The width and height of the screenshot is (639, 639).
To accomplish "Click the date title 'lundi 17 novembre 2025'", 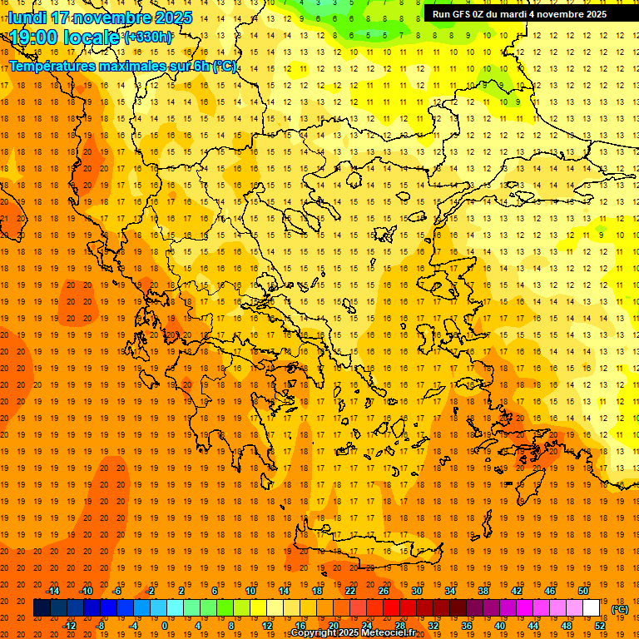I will [100, 17].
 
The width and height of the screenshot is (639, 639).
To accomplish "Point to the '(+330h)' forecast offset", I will [148, 37].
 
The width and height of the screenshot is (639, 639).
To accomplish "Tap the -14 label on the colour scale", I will [52, 590].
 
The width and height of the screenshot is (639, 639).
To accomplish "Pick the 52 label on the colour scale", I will [599, 625].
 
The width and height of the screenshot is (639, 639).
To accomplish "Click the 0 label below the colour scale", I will [164, 625].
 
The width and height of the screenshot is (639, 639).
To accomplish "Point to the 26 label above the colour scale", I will [384, 590].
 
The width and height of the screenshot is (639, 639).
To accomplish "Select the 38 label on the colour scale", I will [483, 590].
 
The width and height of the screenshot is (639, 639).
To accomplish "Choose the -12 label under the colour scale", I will [69, 625].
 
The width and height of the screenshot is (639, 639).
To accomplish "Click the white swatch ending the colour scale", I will [591, 607].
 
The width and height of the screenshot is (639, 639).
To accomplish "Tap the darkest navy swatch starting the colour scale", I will [42, 607].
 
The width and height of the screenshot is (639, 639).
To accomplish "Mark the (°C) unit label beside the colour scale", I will [620, 610].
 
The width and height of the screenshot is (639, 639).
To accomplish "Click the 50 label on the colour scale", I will [583, 590].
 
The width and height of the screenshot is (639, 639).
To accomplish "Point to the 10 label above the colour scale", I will [250, 590].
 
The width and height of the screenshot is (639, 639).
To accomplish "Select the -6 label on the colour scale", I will [117, 590].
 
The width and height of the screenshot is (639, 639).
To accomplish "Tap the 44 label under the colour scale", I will [533, 625].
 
